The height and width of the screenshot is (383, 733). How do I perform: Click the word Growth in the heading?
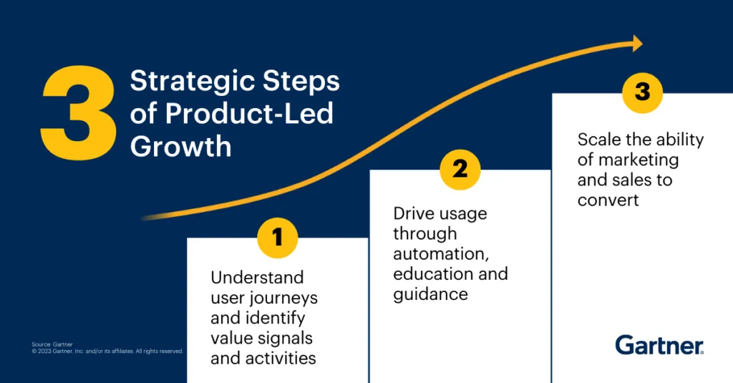(181, 145)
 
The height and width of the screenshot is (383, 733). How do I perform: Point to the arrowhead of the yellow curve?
(635, 44)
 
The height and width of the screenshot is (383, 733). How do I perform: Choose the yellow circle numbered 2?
(460, 170)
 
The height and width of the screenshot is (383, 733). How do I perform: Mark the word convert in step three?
(608, 199)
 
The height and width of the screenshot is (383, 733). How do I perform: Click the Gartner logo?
(659, 346)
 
